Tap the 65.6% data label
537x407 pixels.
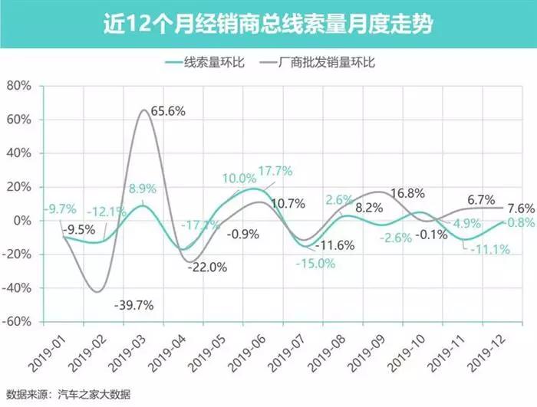(x=168, y=111)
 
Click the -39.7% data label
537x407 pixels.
(x=135, y=305)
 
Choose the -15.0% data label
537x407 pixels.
(x=318, y=263)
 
